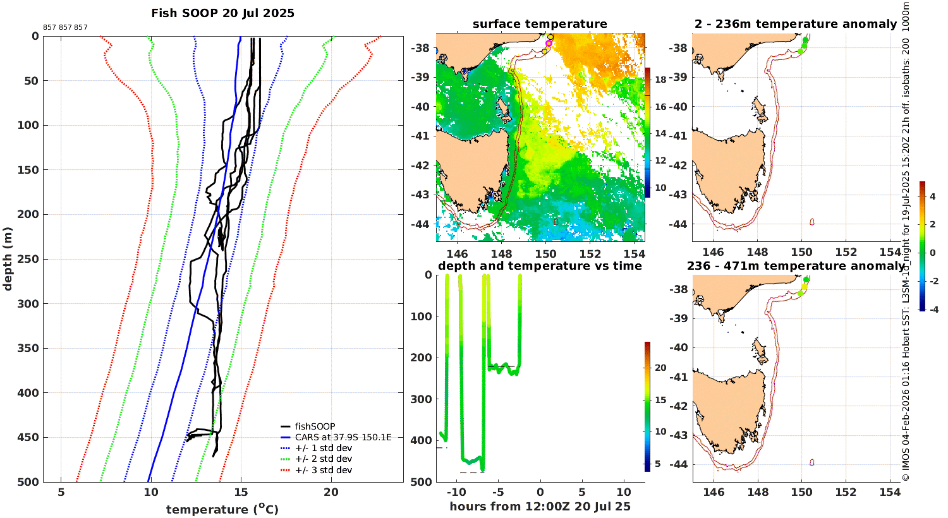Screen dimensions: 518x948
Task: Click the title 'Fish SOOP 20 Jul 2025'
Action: (222, 13)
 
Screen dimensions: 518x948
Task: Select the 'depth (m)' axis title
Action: (8, 258)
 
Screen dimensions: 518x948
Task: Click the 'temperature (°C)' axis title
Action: (222, 509)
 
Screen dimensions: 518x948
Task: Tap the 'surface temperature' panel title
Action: (540, 24)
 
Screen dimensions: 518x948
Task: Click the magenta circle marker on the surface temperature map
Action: (549, 44)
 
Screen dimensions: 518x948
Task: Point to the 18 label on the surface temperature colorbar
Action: (660, 80)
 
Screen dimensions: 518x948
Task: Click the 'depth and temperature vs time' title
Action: (540, 266)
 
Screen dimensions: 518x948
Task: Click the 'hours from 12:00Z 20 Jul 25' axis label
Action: (540, 506)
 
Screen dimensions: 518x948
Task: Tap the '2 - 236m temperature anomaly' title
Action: (795, 24)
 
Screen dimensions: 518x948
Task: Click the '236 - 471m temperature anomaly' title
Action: (795, 266)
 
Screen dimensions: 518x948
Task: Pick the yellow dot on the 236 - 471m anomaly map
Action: (805, 287)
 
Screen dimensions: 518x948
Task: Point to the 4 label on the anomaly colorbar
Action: (932, 197)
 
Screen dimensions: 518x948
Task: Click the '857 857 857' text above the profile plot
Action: (65, 28)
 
